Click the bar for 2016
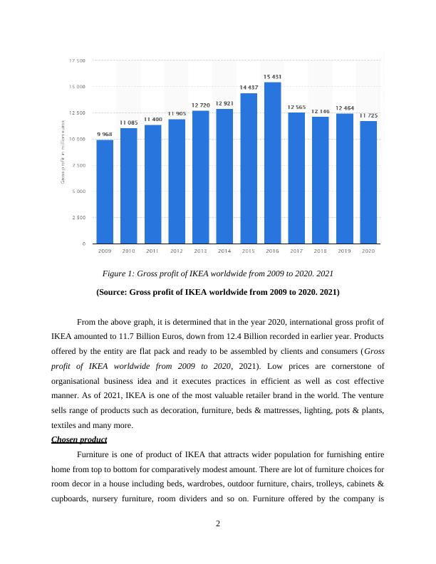point(272,163)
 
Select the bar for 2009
point(105,192)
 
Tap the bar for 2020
point(368,182)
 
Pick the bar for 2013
point(200,177)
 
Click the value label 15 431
point(272,77)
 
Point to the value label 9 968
point(105,134)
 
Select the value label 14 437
point(248,88)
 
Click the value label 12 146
point(321,111)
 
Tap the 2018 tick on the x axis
point(321,251)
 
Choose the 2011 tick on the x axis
point(152,251)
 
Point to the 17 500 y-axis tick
point(78,61)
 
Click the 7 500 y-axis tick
point(79,165)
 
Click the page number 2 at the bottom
point(218,524)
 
